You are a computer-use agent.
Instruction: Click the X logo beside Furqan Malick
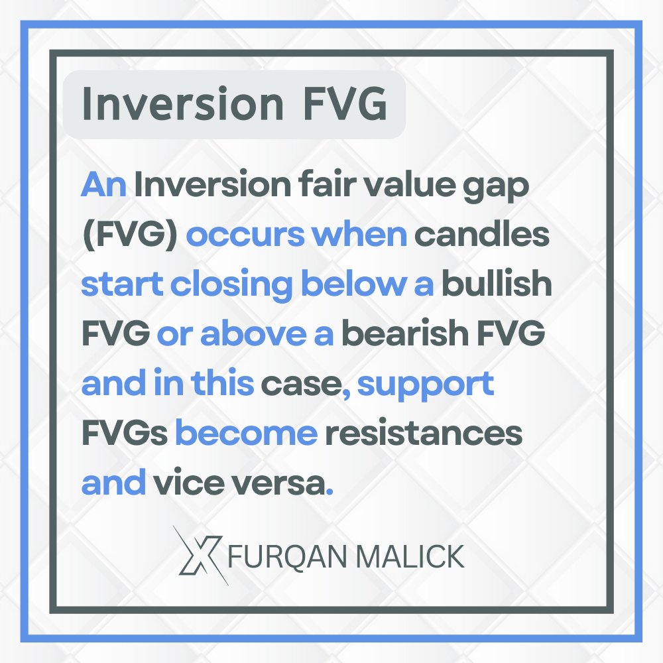click(200, 556)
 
